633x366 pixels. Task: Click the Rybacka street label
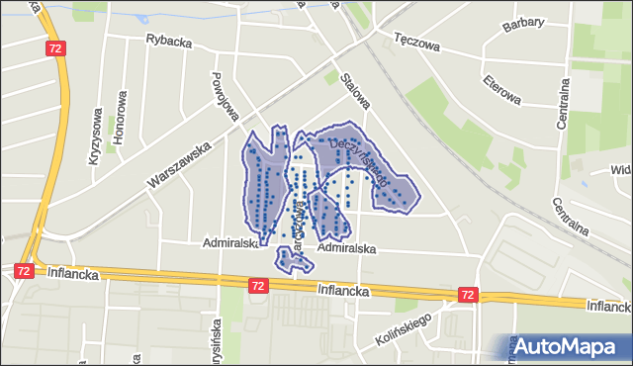(168, 41)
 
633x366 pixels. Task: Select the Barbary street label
(524, 24)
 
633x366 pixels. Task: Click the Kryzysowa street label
(97, 136)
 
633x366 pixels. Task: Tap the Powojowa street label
(226, 96)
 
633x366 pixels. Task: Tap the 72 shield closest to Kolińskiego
(468, 295)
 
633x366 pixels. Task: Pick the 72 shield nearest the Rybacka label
(55, 47)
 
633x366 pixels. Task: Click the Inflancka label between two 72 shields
(343, 291)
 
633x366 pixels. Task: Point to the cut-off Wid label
(621, 169)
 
